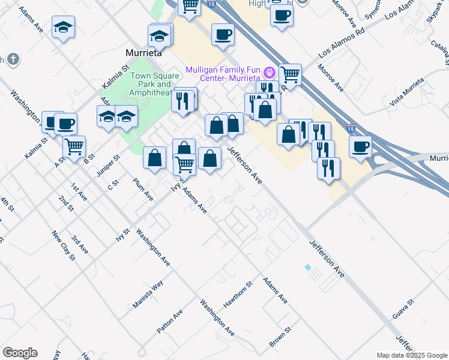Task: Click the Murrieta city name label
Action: click(144, 53)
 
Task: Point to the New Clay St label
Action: click(63, 246)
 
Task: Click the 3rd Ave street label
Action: click(79, 245)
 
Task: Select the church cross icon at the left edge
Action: click(13, 59)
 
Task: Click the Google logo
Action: click(20, 353)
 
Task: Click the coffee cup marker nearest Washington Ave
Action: click(65, 124)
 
